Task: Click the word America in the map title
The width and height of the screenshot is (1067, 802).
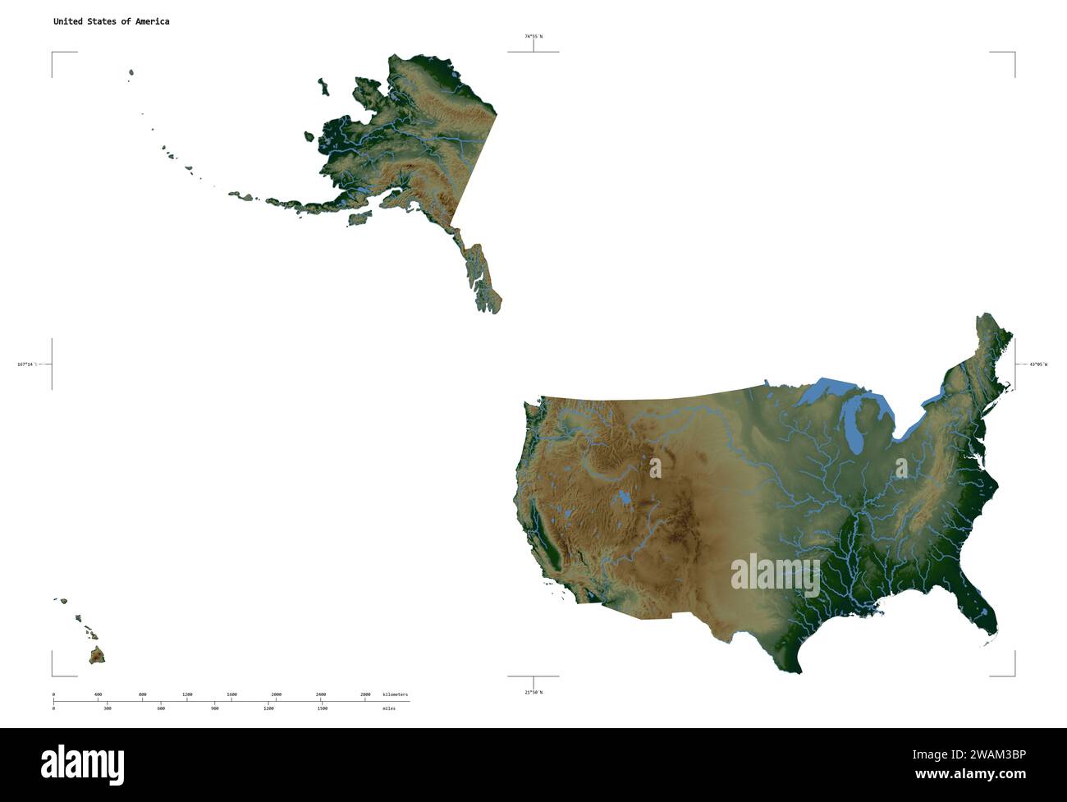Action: coord(152,21)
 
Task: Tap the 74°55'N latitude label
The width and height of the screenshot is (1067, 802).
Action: coord(533,36)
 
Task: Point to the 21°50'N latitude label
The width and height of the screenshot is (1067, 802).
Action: coord(533,692)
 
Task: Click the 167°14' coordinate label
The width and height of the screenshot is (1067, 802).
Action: coord(25,364)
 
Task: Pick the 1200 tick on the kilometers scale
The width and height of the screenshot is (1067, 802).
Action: coord(187,694)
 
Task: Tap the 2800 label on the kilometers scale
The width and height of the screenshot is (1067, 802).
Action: coord(365,694)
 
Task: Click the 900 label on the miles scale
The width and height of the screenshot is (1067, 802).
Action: coord(215,708)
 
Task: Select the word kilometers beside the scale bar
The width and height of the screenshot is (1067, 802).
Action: coord(395,694)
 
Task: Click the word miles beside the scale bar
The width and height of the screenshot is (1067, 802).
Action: coord(388,708)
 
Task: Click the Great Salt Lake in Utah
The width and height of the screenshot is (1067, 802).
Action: coord(625,497)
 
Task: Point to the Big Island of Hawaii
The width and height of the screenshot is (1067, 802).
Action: coord(97,655)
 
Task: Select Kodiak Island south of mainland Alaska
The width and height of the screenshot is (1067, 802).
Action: coord(360,218)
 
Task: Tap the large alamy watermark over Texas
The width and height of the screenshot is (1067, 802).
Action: coord(775,574)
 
